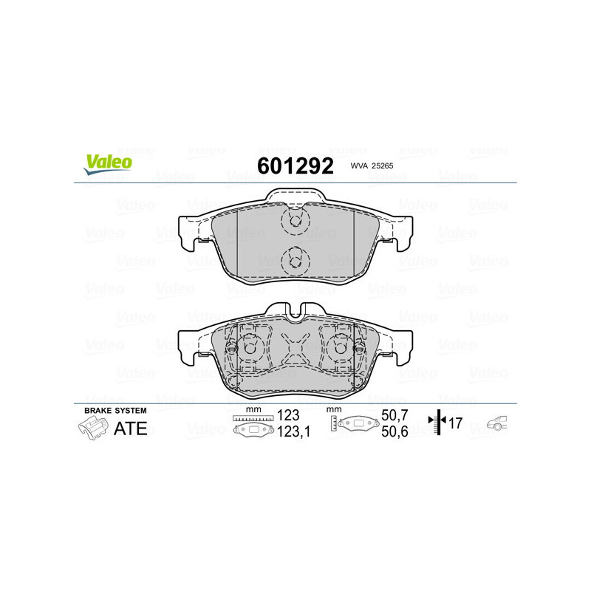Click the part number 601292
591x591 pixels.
pos(294,165)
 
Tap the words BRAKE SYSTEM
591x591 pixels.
pos(115,410)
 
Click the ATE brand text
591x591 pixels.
pos(130,428)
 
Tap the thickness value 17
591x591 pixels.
pos(457,424)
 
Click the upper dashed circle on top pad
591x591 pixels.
pos(294,219)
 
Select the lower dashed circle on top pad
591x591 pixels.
pos(294,259)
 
